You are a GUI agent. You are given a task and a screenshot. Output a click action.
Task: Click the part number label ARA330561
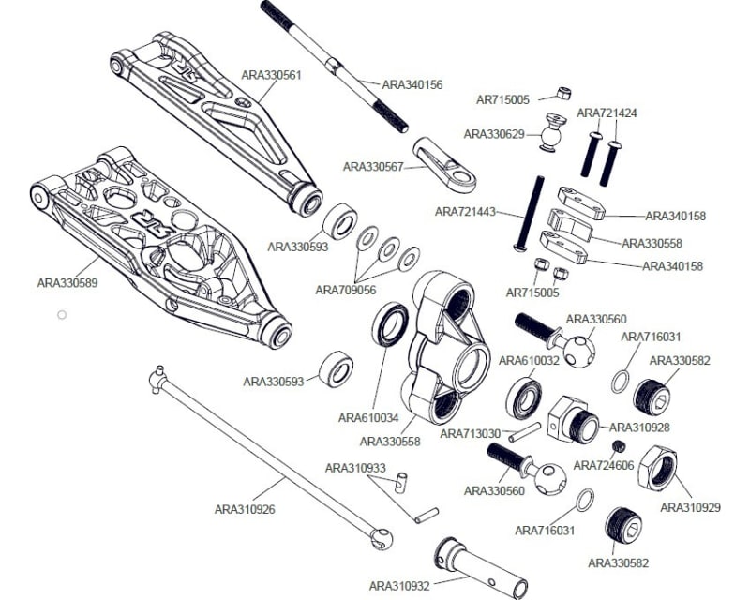(271, 75)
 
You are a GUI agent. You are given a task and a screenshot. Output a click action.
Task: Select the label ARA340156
(412, 84)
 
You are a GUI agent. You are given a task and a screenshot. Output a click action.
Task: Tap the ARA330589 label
(67, 280)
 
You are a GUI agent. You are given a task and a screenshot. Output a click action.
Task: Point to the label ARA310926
(245, 510)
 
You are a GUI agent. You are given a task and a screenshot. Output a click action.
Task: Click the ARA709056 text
(345, 290)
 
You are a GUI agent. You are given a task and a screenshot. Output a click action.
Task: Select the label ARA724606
(604, 465)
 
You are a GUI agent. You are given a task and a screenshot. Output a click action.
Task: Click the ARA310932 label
(399, 586)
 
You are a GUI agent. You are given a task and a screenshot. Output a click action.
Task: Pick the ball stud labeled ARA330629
(551, 131)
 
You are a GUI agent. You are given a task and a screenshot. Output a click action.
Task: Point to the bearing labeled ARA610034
(391, 324)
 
